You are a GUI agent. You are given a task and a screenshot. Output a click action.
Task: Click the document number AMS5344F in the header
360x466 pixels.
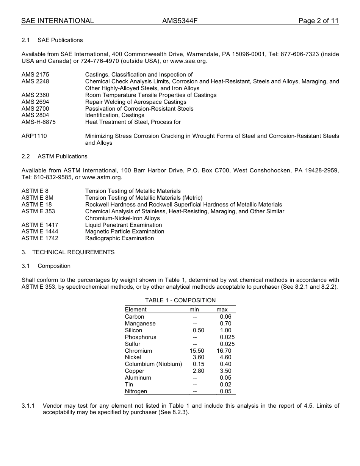coord(180,21)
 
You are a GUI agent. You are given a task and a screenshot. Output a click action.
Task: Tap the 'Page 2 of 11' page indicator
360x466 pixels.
coord(318,21)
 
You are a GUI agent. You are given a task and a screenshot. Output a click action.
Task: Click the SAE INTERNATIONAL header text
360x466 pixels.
coord(58,21)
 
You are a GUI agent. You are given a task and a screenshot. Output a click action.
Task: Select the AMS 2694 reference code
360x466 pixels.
coord(35,102)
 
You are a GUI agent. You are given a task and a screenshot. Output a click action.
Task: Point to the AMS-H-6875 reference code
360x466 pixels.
coord(39,122)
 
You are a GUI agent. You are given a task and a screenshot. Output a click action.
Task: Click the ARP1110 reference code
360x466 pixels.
coord(34,136)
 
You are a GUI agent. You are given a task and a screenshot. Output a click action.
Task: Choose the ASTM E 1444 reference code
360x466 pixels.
coord(40,231)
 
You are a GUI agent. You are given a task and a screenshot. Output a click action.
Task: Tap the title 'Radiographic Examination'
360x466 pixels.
coord(119,238)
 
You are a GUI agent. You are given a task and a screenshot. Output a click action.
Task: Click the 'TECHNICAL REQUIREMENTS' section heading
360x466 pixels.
coord(73,252)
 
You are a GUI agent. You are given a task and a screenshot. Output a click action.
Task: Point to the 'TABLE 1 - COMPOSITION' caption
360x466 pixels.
coord(180,300)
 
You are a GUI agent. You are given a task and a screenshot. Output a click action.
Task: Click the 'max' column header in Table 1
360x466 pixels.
coord(222,310)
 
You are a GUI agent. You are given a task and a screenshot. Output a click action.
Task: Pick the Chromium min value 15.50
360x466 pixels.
coord(197,351)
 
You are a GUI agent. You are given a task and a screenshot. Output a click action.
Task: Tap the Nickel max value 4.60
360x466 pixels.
coord(225,357)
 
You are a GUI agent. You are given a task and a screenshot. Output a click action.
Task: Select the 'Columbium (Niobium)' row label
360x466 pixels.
coord(153,364)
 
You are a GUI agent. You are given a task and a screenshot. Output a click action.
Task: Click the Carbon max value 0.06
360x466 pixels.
coord(225,317)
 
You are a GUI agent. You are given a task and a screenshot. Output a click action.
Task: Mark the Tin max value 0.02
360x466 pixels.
coord(225,385)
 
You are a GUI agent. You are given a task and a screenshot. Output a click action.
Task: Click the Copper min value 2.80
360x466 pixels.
coord(198,371)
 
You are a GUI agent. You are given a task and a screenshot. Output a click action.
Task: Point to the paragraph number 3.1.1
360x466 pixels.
coord(28,406)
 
